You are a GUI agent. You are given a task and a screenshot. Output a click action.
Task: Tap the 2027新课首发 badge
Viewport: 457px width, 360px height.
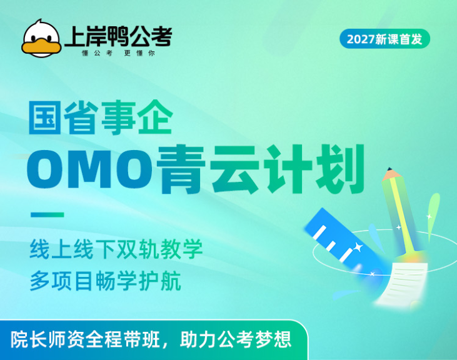(384, 39)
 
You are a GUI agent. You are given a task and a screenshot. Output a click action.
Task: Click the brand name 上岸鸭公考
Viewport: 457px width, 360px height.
(118, 36)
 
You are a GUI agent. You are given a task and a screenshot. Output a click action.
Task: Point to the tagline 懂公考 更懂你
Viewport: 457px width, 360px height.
(118, 53)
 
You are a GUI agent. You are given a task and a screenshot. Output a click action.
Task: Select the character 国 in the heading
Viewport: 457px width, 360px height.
(44, 117)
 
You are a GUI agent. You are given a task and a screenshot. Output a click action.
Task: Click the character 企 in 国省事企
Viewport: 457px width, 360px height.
(155, 117)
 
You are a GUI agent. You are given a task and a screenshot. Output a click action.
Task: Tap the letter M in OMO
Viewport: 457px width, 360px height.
(91, 169)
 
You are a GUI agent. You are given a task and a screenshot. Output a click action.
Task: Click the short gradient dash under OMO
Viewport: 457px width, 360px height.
(48, 215)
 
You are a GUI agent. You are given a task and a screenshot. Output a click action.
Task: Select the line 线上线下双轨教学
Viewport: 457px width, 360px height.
(116, 249)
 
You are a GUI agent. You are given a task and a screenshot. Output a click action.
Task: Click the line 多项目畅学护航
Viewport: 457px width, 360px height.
(105, 281)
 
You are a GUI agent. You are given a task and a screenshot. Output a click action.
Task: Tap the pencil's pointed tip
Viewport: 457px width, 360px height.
(389, 169)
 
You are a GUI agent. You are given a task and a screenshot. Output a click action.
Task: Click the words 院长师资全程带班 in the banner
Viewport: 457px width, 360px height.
(85, 339)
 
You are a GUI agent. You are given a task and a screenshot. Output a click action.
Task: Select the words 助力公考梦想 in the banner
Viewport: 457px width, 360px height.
(236, 339)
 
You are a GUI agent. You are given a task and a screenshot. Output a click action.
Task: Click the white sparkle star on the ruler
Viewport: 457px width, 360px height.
(358, 247)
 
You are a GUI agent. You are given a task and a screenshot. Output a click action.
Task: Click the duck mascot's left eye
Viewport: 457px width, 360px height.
(34, 39)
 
